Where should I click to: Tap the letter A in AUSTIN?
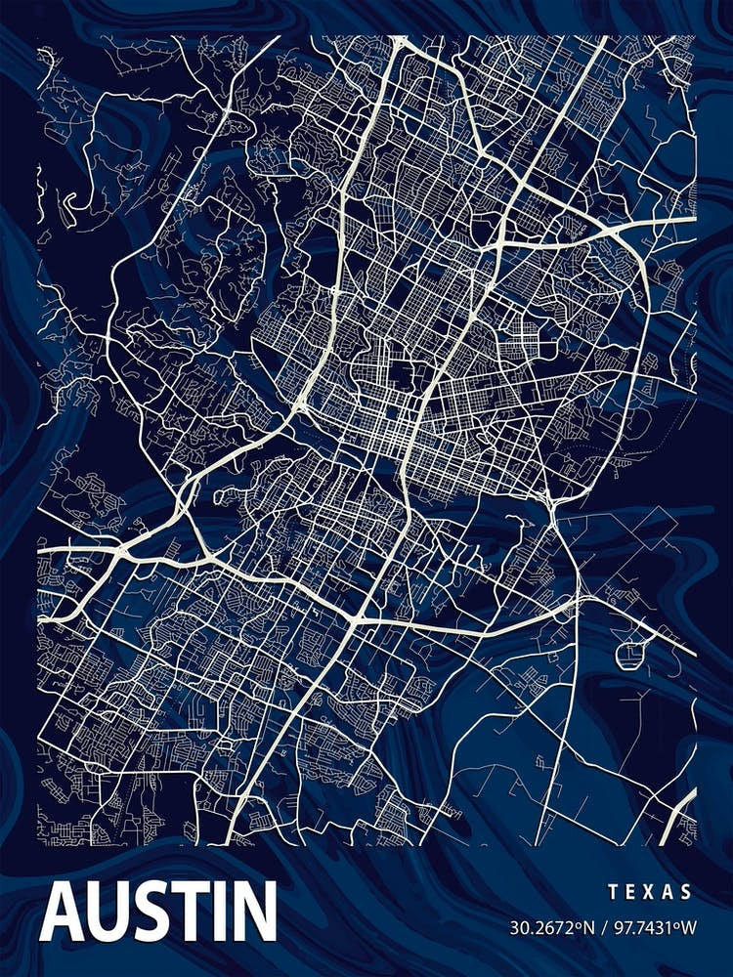point(64,911)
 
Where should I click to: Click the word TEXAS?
point(650,892)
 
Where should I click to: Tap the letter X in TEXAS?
point(650,892)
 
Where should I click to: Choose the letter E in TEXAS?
point(630,892)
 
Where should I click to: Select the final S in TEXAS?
point(688,892)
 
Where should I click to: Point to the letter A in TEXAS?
point(669,892)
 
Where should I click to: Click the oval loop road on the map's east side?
point(630,652)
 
